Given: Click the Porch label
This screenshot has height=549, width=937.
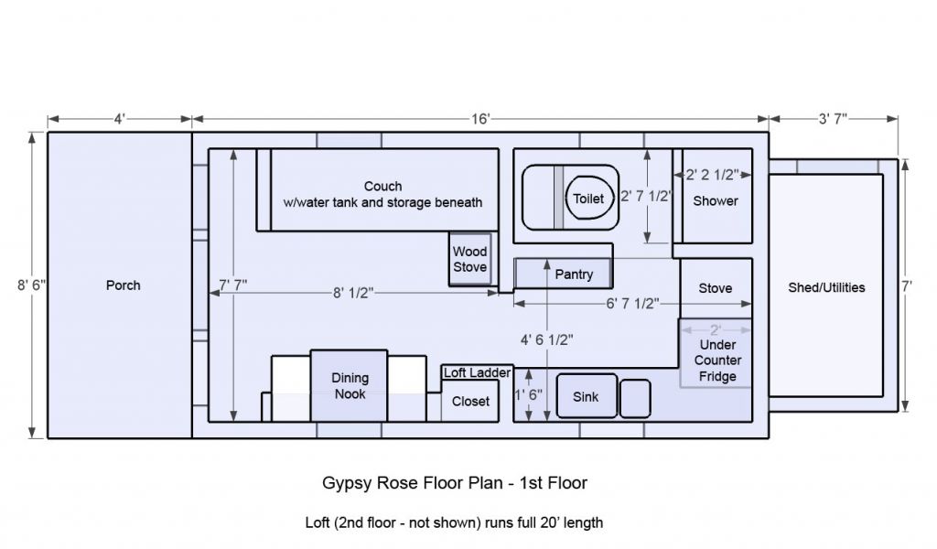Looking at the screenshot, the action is click(124, 285).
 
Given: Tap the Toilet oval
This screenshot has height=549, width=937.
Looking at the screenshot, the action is click(589, 199).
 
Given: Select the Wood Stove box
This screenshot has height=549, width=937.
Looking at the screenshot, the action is click(470, 259).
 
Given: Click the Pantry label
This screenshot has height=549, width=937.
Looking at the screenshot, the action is click(574, 274).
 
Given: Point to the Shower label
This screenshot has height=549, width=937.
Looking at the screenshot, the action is click(716, 201).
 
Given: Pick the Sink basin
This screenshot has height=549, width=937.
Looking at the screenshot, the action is click(587, 396).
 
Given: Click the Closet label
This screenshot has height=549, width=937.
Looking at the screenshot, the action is click(470, 402).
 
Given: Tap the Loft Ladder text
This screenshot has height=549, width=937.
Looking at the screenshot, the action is click(477, 372).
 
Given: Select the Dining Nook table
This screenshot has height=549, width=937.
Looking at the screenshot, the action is click(349, 386).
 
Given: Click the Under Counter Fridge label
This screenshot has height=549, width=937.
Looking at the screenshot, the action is click(717, 361).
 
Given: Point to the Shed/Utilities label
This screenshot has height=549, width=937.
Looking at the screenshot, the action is click(826, 287).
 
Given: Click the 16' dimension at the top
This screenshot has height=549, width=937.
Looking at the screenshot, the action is click(480, 119).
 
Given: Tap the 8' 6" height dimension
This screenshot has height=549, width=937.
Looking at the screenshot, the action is click(31, 285).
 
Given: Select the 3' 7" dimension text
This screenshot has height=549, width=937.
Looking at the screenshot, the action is click(833, 119).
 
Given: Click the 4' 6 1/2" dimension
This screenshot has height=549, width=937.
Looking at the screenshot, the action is click(547, 339).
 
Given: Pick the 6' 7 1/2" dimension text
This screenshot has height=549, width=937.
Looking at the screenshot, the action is click(633, 304).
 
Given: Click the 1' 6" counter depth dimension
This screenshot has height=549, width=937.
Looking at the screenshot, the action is click(529, 395).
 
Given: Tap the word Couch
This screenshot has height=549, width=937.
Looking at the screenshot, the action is click(383, 187).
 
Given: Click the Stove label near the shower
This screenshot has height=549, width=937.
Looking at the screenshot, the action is click(716, 288).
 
